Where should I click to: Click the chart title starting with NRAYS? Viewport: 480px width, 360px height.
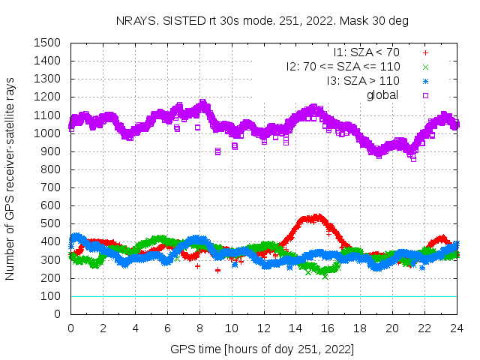(262, 21)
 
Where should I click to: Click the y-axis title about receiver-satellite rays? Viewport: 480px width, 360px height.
(10, 178)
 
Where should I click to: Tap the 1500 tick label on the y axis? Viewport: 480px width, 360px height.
(48, 43)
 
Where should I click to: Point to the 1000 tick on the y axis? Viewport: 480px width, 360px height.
(48, 133)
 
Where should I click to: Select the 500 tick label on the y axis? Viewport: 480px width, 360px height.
(51, 223)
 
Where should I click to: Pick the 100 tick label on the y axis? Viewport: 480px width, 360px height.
(51, 296)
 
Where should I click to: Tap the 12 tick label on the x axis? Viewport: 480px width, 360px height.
(264, 328)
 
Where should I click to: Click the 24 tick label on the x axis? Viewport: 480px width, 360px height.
(457, 328)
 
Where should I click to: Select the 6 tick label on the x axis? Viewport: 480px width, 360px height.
(167, 328)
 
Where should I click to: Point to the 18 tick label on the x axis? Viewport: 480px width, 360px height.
(361, 328)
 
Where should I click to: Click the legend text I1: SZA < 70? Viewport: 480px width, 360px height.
(366, 52)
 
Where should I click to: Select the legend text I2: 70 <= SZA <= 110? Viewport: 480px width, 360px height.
(343, 67)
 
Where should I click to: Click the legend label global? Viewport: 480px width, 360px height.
(382, 94)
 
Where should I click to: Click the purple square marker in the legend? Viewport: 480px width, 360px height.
(425, 94)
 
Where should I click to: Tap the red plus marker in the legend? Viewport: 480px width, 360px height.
(425, 52)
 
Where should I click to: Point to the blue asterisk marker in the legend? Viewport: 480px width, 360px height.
(425, 80)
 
